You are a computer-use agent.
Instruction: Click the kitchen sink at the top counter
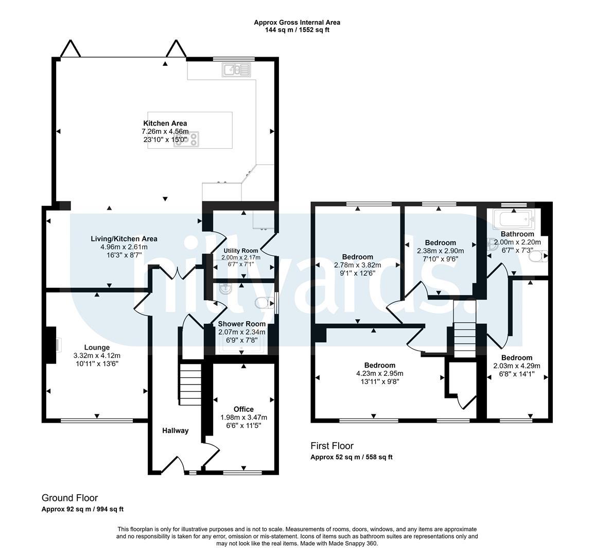pos(237,69)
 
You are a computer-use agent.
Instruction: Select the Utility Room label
pos(241,251)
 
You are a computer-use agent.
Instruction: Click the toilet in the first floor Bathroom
pos(539,256)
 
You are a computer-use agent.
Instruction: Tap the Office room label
pos(243,409)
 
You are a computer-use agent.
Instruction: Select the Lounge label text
pos(97,347)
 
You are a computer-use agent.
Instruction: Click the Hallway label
pos(176,430)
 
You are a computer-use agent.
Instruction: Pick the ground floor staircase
pos(190,384)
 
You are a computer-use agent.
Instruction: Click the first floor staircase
pos(464,340)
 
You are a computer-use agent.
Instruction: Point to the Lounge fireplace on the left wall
pos(51,345)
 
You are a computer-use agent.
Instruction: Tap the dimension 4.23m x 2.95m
pos(380,373)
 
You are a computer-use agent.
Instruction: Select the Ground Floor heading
pos(69,498)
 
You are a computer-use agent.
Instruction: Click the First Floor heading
pos(332,446)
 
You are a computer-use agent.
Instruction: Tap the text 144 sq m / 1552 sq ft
pos(297,29)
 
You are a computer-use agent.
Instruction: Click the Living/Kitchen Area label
pos(124,239)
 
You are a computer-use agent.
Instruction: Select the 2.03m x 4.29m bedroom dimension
pos(517,366)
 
